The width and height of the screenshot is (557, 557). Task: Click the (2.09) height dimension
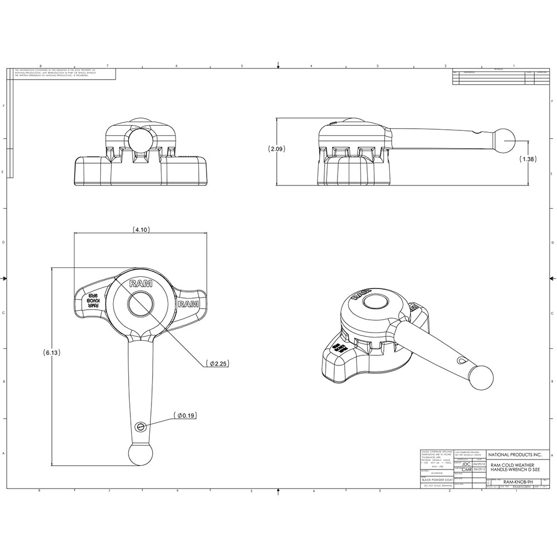[277, 149]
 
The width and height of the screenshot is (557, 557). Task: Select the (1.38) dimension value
[528, 159]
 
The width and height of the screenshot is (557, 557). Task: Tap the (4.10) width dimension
[141, 229]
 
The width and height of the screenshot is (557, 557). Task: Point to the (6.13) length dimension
[52, 353]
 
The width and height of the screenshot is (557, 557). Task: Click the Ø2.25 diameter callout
[217, 363]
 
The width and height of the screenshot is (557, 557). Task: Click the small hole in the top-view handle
[140, 426]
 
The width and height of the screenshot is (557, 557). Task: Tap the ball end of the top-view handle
[139, 453]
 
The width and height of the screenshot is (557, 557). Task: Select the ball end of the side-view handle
[506, 141]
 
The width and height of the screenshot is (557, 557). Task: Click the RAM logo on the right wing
[188, 304]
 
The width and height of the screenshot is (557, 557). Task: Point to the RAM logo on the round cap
[140, 283]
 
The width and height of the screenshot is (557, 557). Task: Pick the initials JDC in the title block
[467, 463]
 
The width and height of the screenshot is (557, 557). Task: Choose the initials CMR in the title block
[467, 470]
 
